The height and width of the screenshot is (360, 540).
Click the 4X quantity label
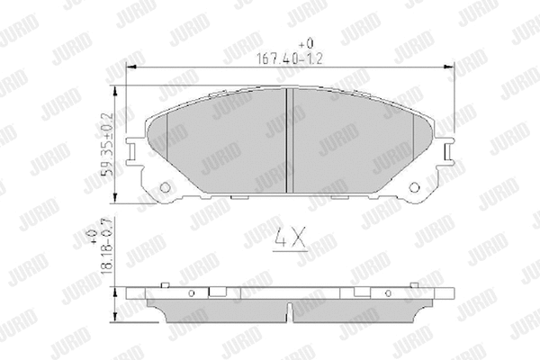(288, 240)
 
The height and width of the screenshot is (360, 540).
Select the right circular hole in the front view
(415, 188)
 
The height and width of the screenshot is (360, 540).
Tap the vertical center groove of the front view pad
(285, 139)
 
